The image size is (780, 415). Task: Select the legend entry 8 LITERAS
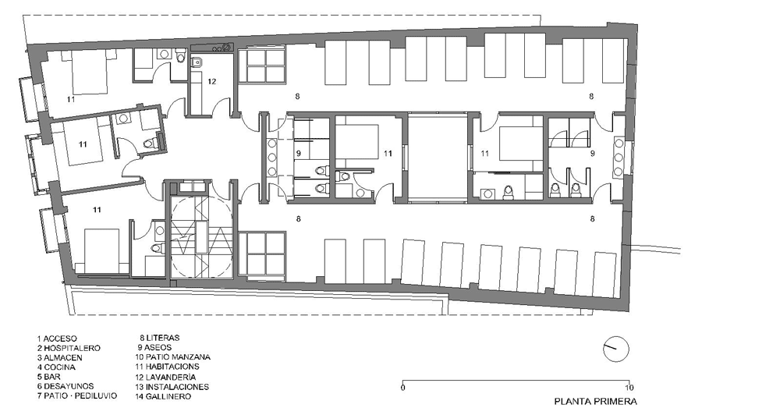coord(159,338)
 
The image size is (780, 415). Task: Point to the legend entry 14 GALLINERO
coord(163,396)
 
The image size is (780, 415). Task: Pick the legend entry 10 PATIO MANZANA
coord(172,357)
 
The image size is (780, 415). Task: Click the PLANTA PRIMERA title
coord(595,401)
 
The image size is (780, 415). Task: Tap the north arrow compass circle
coord(616,349)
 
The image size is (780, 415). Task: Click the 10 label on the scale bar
coord(629,388)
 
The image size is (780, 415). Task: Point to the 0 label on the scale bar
coord(402,388)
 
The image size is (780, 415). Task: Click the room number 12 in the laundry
coord(212,82)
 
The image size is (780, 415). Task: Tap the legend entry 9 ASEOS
coord(154,348)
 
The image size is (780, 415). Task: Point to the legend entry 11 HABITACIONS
coord(167,367)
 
